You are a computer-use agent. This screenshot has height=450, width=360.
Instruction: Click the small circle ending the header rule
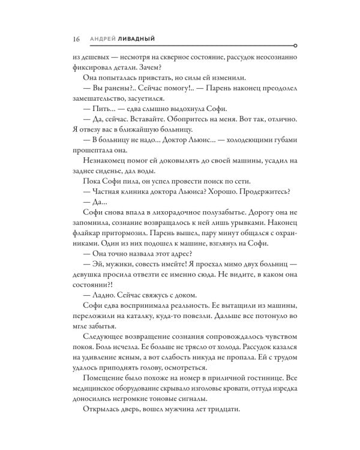coord(295,45)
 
